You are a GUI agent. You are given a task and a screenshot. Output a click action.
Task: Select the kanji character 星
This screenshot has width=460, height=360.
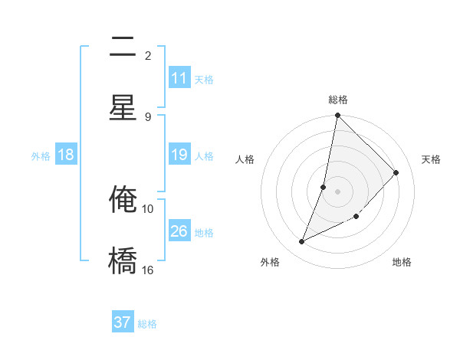click(x=123, y=108)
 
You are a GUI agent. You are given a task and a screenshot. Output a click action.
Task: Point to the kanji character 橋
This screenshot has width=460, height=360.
click(x=123, y=260)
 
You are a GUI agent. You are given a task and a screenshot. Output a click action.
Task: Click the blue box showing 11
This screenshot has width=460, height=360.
click(x=179, y=78)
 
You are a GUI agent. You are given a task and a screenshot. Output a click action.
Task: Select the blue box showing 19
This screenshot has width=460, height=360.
click(x=179, y=155)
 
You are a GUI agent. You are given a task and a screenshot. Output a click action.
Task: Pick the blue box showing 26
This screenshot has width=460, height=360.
click(x=179, y=231)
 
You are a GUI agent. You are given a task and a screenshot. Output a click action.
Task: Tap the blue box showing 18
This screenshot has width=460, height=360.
click(x=66, y=155)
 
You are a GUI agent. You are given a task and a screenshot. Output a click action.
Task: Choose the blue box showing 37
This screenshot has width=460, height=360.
click(x=123, y=322)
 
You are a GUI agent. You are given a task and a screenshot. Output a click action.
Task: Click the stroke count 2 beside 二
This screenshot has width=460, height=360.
click(x=148, y=55)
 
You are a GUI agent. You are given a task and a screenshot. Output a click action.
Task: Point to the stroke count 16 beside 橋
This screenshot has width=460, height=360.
click(x=148, y=270)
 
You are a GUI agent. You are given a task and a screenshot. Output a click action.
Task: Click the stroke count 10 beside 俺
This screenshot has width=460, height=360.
click(x=148, y=208)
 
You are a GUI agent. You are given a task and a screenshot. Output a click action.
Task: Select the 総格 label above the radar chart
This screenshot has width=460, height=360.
click(x=338, y=100)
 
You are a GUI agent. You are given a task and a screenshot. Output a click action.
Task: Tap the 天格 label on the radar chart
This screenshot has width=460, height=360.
click(x=431, y=159)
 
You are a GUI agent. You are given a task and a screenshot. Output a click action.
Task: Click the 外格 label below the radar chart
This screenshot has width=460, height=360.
click(x=269, y=262)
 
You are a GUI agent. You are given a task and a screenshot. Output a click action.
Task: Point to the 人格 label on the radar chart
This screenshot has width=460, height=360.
click(x=245, y=159)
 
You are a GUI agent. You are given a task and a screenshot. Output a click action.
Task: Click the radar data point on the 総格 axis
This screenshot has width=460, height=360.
click(x=337, y=116)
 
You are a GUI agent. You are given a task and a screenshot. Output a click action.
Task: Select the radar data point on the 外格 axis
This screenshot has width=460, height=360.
click(x=302, y=242)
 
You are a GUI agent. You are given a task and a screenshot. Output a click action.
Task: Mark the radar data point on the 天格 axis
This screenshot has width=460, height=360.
click(x=396, y=172)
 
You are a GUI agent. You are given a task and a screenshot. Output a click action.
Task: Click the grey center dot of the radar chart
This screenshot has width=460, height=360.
click(x=337, y=191)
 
